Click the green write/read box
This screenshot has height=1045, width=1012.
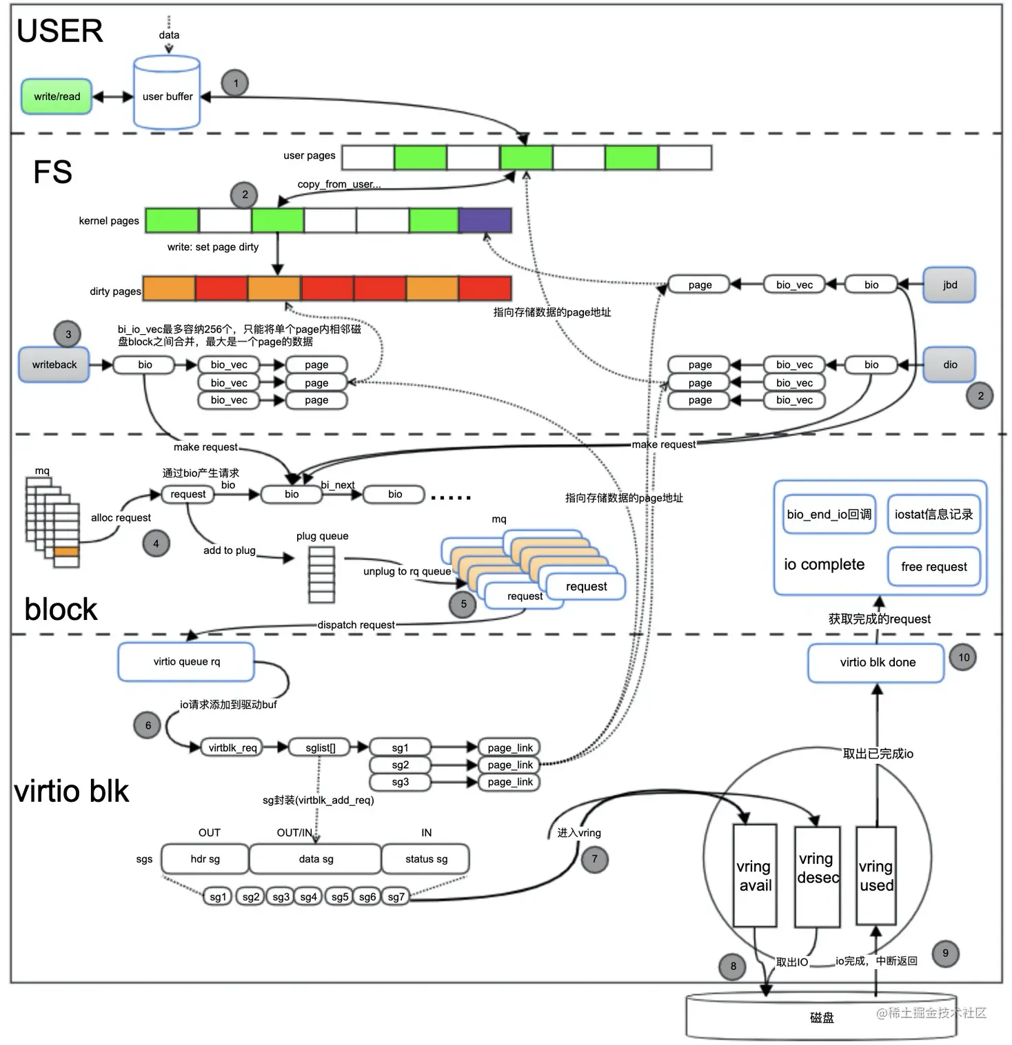(x=57, y=96)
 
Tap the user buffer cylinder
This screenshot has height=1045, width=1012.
(x=167, y=95)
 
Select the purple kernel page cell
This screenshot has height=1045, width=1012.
(x=485, y=220)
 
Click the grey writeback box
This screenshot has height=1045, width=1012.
(x=54, y=364)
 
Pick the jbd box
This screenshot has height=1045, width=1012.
(x=949, y=284)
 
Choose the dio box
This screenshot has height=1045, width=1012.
(x=949, y=364)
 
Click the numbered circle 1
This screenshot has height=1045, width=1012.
(x=235, y=83)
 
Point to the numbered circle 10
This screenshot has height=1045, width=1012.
(x=963, y=657)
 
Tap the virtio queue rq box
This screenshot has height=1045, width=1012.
(x=186, y=662)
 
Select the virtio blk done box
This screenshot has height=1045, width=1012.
(x=876, y=663)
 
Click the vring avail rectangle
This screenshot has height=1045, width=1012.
(x=755, y=876)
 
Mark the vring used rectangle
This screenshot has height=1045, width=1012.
(x=876, y=876)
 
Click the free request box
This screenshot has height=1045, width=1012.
(x=933, y=567)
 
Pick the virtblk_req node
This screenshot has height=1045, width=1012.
(x=232, y=747)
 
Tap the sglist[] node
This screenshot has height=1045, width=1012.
(x=321, y=747)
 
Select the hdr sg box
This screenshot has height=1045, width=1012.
(x=205, y=859)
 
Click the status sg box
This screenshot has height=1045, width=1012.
(x=425, y=859)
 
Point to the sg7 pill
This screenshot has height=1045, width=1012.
(x=396, y=897)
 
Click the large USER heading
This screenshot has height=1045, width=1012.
(x=60, y=31)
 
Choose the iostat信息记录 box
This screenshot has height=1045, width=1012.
(x=933, y=515)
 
